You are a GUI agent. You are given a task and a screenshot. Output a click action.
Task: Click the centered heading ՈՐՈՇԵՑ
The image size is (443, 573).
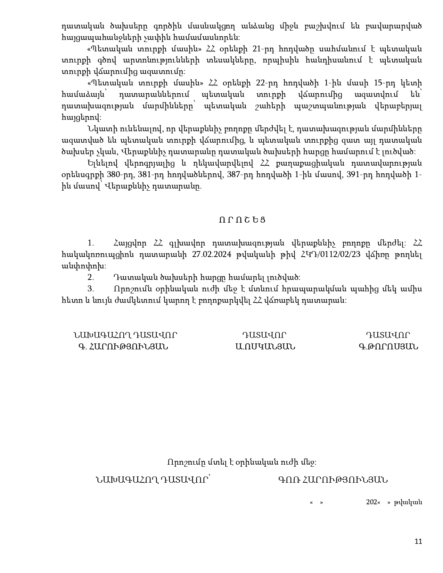[x=242, y=220]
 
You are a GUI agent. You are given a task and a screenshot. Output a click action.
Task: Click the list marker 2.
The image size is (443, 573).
[x=91, y=277]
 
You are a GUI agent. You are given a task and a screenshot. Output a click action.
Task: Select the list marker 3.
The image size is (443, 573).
[x=91, y=289]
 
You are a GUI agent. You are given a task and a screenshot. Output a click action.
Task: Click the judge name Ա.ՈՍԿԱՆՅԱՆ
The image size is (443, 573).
[x=265, y=347]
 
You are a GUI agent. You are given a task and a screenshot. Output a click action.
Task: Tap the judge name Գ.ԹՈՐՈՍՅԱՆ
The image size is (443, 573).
[x=388, y=347]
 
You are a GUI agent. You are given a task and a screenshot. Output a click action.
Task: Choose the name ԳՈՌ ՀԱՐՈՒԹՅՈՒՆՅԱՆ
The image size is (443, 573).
[x=333, y=480]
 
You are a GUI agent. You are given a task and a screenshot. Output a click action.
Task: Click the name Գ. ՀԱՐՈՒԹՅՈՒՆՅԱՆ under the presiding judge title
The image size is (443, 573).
[x=123, y=347]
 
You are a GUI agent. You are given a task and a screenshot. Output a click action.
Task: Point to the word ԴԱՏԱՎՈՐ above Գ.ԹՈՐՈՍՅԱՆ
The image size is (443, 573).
[x=388, y=335]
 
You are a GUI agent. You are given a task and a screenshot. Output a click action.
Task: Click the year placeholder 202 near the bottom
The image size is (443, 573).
[x=371, y=502]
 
